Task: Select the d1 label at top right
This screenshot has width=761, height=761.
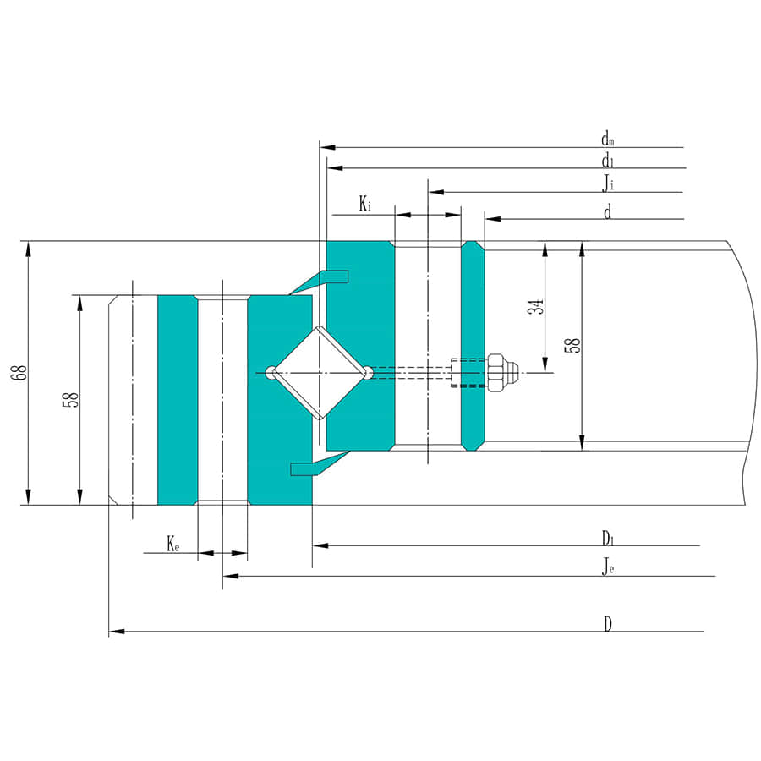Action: (x=607, y=161)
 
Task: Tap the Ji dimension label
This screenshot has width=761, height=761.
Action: (x=607, y=183)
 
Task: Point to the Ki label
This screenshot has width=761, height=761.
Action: (x=364, y=204)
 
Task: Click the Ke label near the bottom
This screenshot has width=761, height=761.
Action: (x=172, y=544)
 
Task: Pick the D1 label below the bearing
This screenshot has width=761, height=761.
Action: (x=607, y=538)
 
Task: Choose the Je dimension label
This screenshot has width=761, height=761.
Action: (x=607, y=567)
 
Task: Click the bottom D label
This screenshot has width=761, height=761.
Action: (x=607, y=624)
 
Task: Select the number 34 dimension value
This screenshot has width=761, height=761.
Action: (x=535, y=308)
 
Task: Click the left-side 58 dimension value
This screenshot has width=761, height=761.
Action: (x=72, y=399)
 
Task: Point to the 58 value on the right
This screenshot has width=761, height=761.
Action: (x=573, y=344)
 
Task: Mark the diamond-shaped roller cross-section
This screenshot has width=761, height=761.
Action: (x=319, y=372)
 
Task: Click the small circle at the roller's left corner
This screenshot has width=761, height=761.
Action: (x=270, y=372)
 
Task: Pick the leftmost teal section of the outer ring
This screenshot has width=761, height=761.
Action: (x=177, y=399)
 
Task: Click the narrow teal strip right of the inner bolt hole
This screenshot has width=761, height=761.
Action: (x=473, y=345)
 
